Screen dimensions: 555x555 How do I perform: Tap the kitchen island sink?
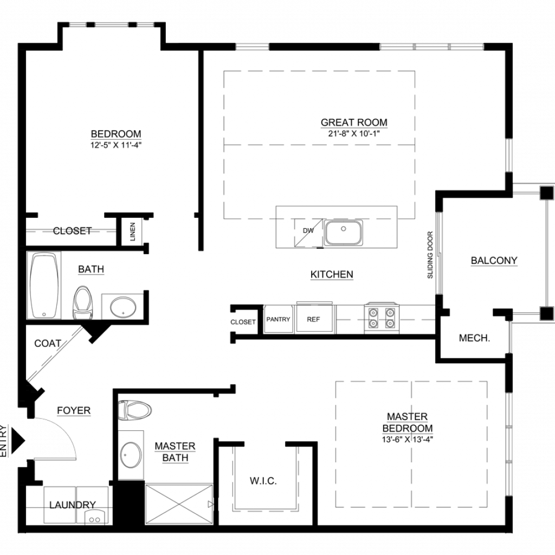pos(344,233)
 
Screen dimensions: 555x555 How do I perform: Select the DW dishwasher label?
pos(308,230)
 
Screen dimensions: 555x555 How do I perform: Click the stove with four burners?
pos(382,318)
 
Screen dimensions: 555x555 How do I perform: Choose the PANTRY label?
pos(278,319)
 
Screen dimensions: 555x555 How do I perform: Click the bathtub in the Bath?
pos(44,285)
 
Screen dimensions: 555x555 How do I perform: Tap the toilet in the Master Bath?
pos(135,411)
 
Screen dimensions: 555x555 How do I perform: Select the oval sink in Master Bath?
pos(131,455)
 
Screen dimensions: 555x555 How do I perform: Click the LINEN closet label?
pos(133,231)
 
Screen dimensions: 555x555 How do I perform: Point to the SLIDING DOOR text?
pos(430,255)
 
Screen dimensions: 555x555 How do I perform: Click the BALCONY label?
pos(494,261)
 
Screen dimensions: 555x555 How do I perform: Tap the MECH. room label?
pos(474,338)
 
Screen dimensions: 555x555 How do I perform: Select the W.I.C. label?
pos(263,481)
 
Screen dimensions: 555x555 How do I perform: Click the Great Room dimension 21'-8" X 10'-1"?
pos(353,133)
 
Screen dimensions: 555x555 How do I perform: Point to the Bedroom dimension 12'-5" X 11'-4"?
pos(116,145)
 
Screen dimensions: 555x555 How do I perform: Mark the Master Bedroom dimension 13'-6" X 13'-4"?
pos(408,439)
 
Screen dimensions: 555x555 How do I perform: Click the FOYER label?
pos(74,411)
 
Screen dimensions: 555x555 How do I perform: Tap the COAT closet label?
pos(48,343)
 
